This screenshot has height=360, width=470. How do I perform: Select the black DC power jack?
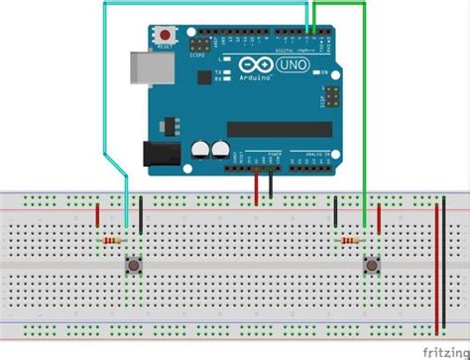(160, 154)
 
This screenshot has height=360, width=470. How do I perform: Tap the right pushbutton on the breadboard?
(372, 265)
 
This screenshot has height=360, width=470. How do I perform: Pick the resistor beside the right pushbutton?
(350, 240)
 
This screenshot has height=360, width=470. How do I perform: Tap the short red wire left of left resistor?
(97, 215)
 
